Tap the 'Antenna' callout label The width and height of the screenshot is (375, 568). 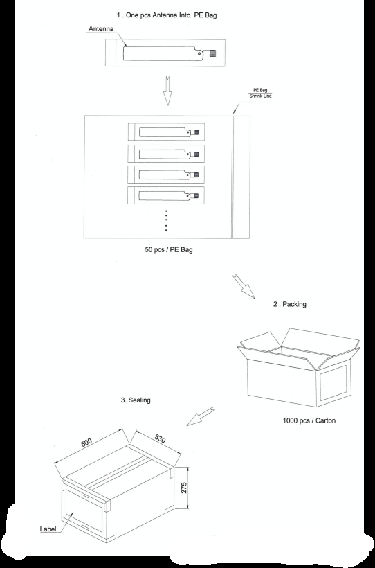pos(101,28)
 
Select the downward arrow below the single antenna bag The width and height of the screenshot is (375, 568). pos(167,91)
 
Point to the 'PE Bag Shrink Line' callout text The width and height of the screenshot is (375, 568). pos(260,93)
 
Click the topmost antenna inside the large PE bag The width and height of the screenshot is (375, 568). pos(169,132)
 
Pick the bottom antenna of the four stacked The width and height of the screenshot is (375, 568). pos(169,196)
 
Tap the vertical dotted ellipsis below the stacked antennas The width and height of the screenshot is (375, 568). pos(166,220)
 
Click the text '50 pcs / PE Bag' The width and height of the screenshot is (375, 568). pos(169,249)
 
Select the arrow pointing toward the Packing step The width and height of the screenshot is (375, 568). pos(244,286)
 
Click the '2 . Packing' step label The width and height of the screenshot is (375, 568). pos(290,304)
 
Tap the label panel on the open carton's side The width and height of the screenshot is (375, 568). pos(333,382)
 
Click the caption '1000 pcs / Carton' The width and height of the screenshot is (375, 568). pos(309,420)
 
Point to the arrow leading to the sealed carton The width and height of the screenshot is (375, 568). pos(201,416)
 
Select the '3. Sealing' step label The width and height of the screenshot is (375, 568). pos(136,400)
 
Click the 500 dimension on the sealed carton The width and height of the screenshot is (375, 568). pos(86,443)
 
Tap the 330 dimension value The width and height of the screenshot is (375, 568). pos(160,438)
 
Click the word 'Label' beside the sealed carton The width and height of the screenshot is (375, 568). pos(48,529)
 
